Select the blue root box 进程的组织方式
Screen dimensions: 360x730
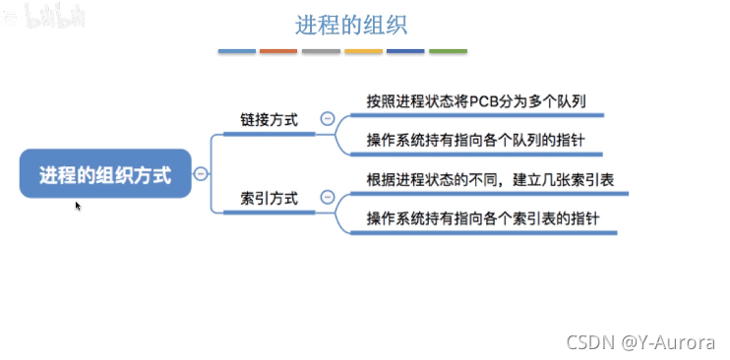click(x=105, y=175)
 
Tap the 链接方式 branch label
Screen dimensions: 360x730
click(x=269, y=120)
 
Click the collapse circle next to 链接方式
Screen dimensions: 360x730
click(x=327, y=120)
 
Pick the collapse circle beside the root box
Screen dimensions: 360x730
click(x=201, y=174)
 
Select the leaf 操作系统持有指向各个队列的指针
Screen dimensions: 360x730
click(x=475, y=140)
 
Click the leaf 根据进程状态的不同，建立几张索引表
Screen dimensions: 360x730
click(x=482, y=179)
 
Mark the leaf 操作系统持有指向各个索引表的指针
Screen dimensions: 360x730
click(x=482, y=218)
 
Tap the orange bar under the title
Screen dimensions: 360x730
click(x=278, y=51)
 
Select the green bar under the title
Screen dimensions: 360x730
click(x=448, y=51)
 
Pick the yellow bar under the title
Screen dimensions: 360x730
click(x=363, y=51)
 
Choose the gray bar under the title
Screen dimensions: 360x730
click(x=321, y=51)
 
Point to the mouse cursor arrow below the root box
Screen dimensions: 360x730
click(x=78, y=206)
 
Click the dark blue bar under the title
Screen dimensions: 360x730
click(x=405, y=51)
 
